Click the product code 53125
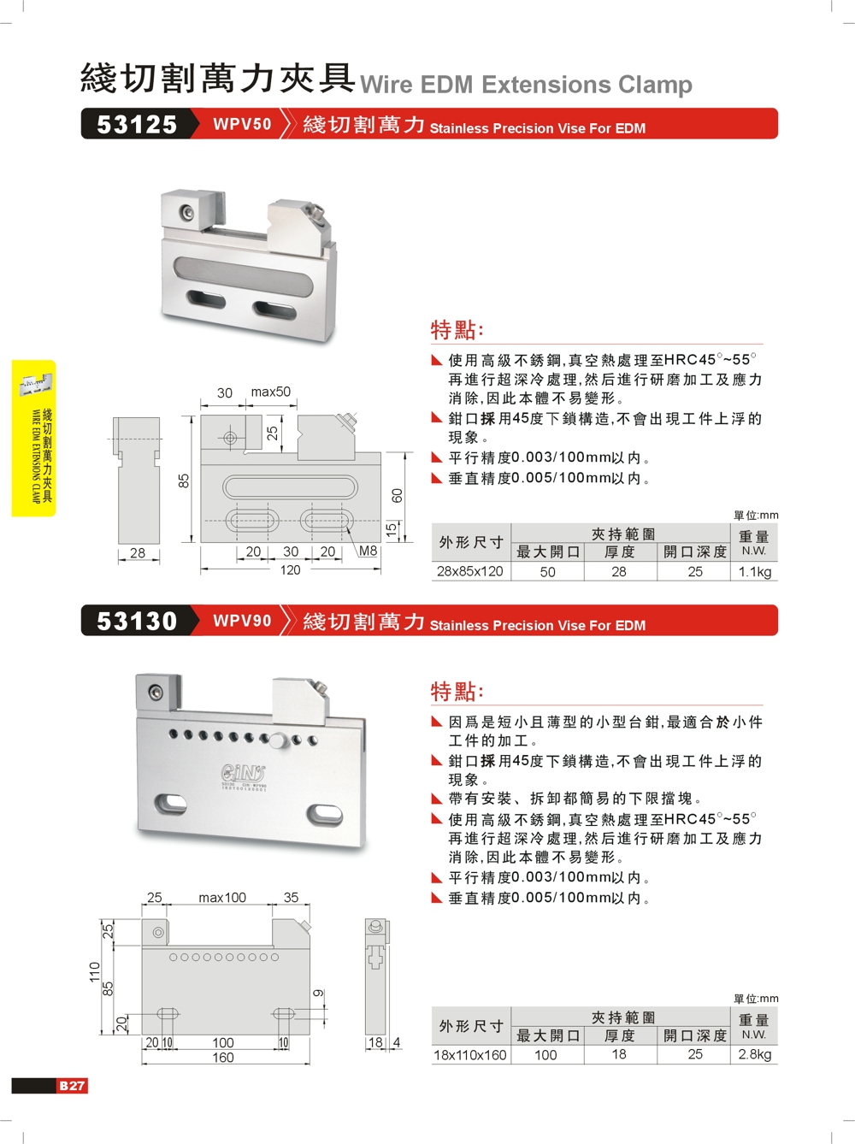pyautogui.click(x=137, y=125)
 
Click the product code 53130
pyautogui.click(x=137, y=621)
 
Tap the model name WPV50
pyautogui.click(x=242, y=124)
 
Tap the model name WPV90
pyautogui.click(x=242, y=621)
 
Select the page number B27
pyautogui.click(x=72, y=1086)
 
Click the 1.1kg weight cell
pyautogui.click(x=754, y=572)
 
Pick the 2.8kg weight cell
pyautogui.click(x=754, y=1054)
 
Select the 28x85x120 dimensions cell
pyautogui.click(x=470, y=571)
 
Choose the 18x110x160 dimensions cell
pyautogui.click(x=470, y=1054)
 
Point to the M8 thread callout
pyautogui.click(x=368, y=551)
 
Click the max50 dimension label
pyautogui.click(x=270, y=392)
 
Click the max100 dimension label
pyautogui.click(x=222, y=898)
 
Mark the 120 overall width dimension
pyautogui.click(x=290, y=569)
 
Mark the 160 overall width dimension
pyautogui.click(x=223, y=1057)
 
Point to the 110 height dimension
pyautogui.click(x=94, y=972)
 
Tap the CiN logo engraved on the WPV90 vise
pyautogui.click(x=243, y=772)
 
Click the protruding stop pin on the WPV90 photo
pyautogui.click(x=279, y=740)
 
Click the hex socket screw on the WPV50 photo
pyautogui.click(x=186, y=212)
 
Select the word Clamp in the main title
pyautogui.click(x=655, y=85)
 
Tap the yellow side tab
pyautogui.click(x=34, y=438)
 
